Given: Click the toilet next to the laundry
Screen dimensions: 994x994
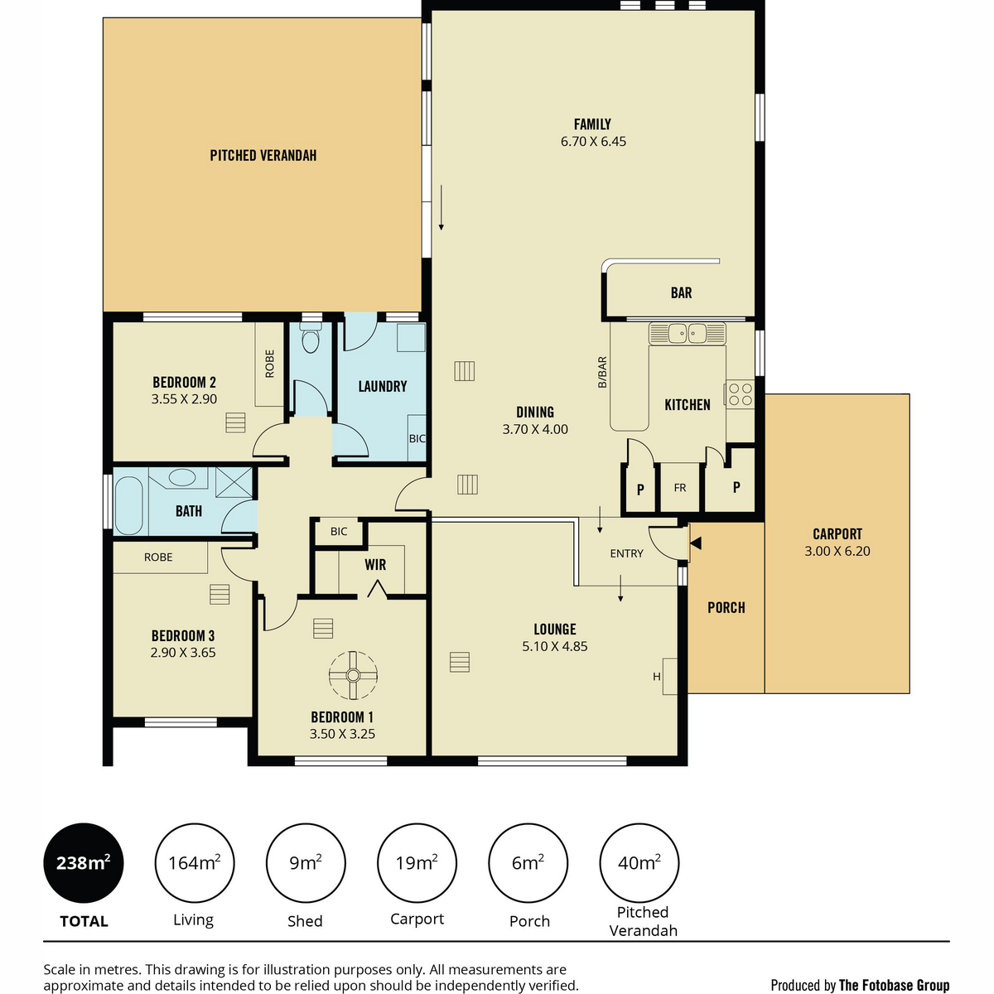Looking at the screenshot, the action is pos(310,338).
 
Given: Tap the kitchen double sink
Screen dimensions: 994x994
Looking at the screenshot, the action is pos(687,333).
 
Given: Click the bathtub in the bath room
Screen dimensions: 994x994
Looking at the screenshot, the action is pos(128,505).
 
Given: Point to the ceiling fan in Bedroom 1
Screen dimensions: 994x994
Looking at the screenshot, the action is pos(353,675).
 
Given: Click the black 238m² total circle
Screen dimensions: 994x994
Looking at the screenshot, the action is pos(84,863).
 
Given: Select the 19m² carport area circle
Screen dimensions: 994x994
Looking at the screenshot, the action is pos(417,863).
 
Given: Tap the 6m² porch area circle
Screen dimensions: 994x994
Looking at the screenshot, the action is pos(528,863).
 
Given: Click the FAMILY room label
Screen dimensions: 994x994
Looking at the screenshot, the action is pos(592,124).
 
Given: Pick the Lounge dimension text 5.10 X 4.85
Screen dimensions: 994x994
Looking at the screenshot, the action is pos(554,646).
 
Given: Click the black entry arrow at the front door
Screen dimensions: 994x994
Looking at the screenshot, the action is pos(695,543).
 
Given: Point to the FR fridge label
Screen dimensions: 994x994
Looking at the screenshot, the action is pos(680,487).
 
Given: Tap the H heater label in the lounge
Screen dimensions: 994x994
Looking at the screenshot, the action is pos(657,676).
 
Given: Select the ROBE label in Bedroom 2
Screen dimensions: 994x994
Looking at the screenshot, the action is pos(269,364).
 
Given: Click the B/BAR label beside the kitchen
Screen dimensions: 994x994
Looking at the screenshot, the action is pos(602,372).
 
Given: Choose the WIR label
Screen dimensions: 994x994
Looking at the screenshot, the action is pos(375,565).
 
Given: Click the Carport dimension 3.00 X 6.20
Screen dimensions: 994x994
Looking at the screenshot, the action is pos(837,551).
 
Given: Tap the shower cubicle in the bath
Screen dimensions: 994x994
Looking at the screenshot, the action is pos(234,482).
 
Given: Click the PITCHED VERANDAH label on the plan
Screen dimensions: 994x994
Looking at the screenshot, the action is pos(263,155).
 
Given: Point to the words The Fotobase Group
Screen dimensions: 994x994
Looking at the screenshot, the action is pos(894,985).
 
